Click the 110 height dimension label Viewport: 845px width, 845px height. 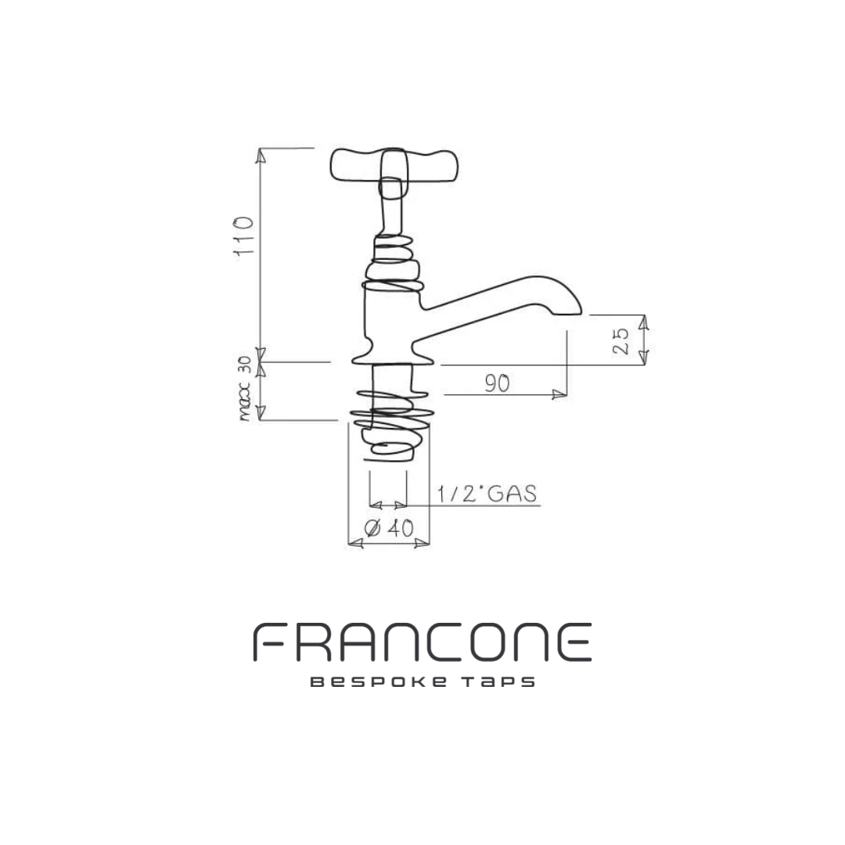[x=243, y=236]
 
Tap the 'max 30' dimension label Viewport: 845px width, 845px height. [x=245, y=388]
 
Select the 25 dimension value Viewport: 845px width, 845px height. [x=620, y=340]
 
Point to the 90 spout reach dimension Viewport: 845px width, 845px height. [x=497, y=383]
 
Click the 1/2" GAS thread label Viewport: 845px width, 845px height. [x=487, y=494]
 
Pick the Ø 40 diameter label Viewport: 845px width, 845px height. [x=389, y=528]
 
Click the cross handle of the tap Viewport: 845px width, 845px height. [x=394, y=165]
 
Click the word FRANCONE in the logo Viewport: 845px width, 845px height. [x=422, y=642]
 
